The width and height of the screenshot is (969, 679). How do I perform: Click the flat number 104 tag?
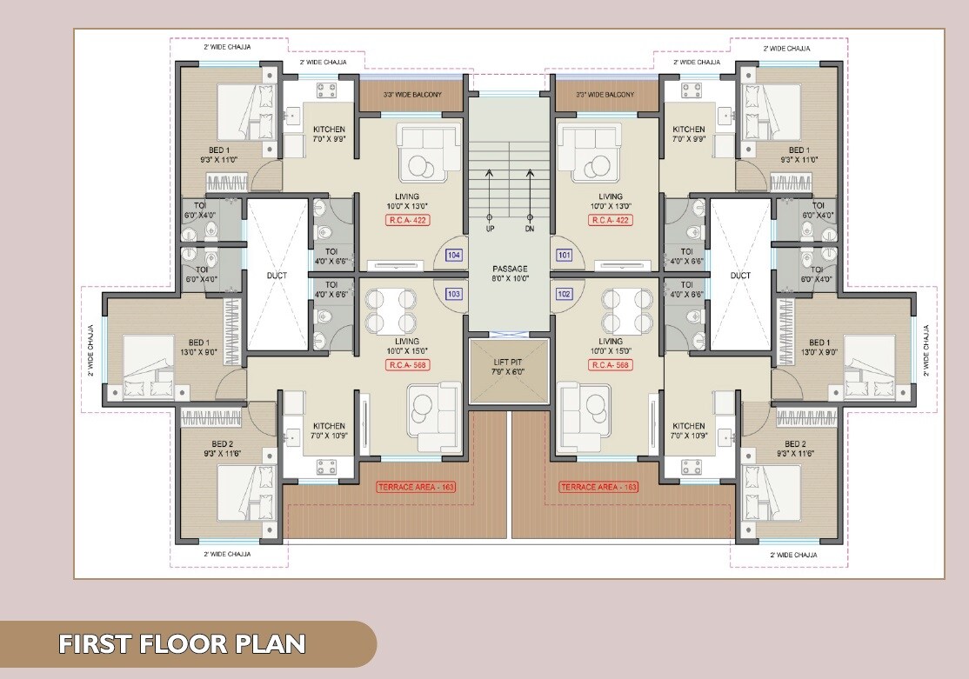[x=453, y=255]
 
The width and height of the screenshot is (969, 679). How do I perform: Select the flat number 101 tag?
[x=565, y=255]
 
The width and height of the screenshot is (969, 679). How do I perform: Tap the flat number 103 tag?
[x=453, y=294]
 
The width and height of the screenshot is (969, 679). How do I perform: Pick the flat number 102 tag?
[x=565, y=294]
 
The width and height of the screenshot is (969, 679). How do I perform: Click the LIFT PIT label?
[x=508, y=363]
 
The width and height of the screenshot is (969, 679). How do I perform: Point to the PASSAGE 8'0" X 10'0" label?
[x=510, y=274]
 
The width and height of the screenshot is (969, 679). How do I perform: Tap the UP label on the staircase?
[x=490, y=229]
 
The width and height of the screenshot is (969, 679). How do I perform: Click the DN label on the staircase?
[x=530, y=229]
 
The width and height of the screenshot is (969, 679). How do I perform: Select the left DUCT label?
[x=277, y=276]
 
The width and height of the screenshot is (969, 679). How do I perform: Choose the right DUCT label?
[x=740, y=276]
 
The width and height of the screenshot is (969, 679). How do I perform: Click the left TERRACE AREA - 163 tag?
[x=416, y=488]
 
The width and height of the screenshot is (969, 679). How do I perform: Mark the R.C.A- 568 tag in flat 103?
[x=407, y=365]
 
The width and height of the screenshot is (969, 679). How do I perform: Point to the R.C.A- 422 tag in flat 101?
[x=611, y=221]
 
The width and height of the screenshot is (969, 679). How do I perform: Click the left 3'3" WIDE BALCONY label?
[x=413, y=95]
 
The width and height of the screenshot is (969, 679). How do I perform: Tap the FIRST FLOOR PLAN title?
[x=183, y=644]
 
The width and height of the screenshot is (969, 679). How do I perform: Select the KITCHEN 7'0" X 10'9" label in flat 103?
[x=330, y=430]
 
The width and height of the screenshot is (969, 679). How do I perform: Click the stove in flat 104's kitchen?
[x=327, y=90]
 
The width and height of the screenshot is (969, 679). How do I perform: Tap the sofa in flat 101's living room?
[x=589, y=153]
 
